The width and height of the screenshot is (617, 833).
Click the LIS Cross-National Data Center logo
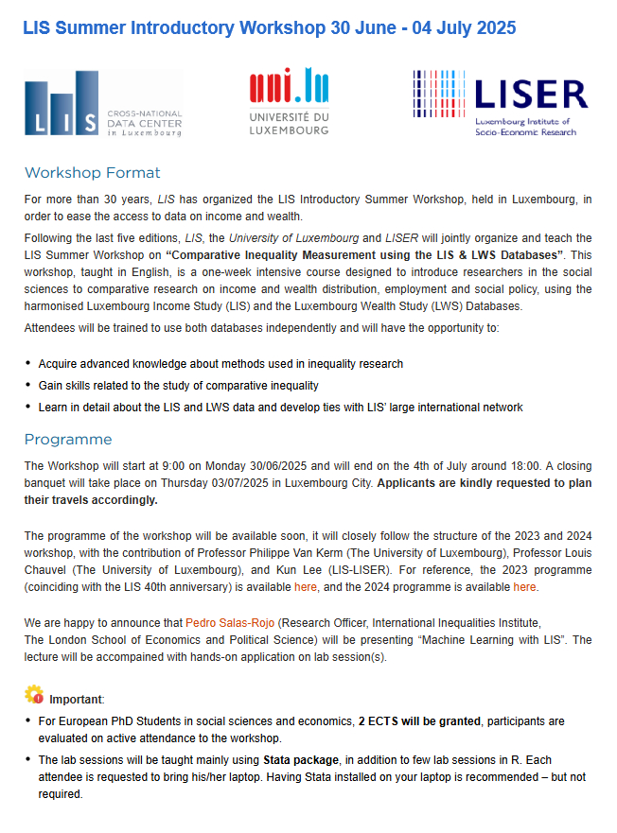pyautogui.click(x=103, y=104)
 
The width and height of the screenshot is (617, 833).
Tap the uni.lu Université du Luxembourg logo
pyautogui.click(x=289, y=102)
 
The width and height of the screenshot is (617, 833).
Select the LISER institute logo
pyautogui.click(x=501, y=102)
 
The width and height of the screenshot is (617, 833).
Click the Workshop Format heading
pyautogui.click(x=93, y=173)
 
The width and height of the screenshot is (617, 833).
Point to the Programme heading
pyautogui.click(x=68, y=440)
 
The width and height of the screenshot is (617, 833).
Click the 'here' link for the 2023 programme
pyautogui.click(x=306, y=587)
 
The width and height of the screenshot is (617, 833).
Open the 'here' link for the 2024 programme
pyautogui.click(x=524, y=587)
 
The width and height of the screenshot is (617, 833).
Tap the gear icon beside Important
pyautogui.click(x=33, y=697)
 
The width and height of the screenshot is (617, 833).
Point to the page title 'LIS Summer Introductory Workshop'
pyautogui.click(x=175, y=28)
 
